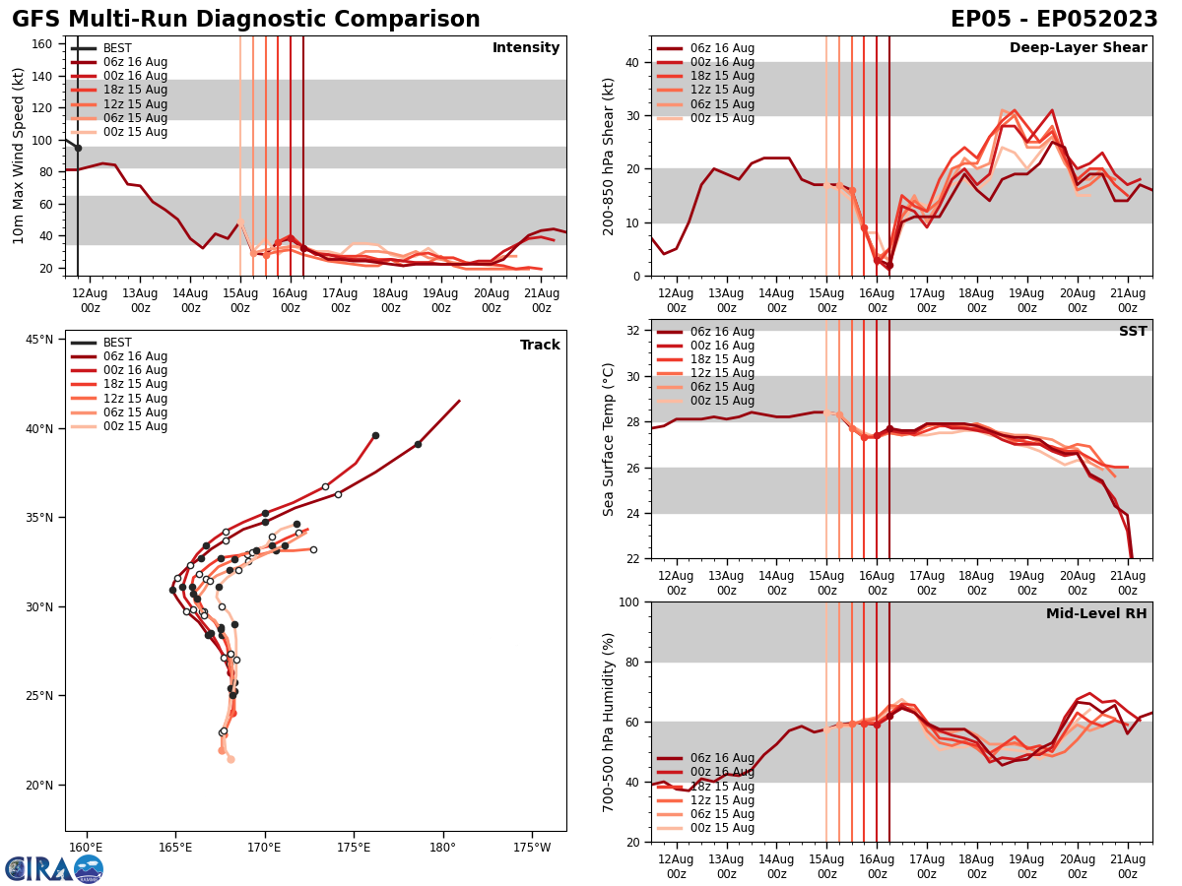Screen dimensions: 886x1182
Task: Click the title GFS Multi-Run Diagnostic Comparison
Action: [x=246, y=20]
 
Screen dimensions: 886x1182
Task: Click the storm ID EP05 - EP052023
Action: [x=1054, y=20]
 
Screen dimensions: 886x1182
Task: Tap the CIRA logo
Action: [x=54, y=868]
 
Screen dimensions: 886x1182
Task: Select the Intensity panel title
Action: [x=526, y=48]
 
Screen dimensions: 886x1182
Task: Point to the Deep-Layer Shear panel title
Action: [x=1078, y=48]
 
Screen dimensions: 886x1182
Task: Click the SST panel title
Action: [x=1133, y=332]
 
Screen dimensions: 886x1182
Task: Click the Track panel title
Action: [x=540, y=346]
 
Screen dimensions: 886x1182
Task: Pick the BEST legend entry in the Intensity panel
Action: [x=117, y=48]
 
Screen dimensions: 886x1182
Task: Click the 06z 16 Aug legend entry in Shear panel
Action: [x=721, y=48]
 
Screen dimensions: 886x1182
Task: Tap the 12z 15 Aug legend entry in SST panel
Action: [x=721, y=373]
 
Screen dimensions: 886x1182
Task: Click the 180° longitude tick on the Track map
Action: [x=442, y=848]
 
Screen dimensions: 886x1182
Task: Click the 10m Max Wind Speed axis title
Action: [x=19, y=156]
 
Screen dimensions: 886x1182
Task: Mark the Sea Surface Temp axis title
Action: [x=609, y=439]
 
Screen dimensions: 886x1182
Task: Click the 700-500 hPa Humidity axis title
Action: [x=609, y=722]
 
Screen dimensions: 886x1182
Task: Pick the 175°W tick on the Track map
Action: [x=532, y=848]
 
